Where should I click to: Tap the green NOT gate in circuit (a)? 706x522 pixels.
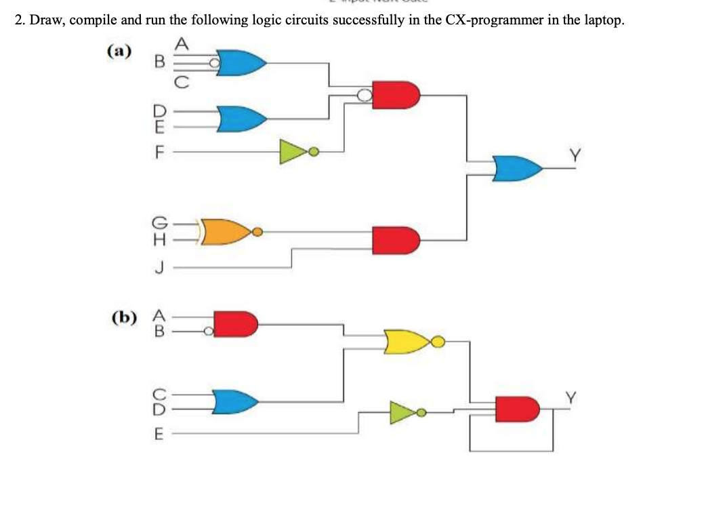295,150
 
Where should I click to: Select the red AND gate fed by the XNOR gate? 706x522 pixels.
395,239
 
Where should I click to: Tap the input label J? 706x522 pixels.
160,269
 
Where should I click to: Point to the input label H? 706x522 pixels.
160,239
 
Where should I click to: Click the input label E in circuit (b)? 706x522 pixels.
159,434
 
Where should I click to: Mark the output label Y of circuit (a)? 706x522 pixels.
575,157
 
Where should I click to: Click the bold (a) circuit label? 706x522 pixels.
120,51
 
